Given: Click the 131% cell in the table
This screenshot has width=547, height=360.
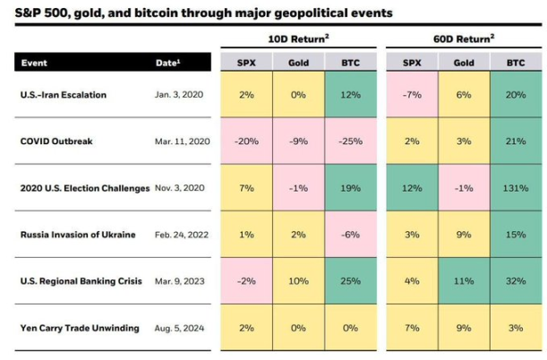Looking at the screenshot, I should point(515,188).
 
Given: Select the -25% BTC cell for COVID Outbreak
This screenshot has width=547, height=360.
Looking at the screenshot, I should point(350,141).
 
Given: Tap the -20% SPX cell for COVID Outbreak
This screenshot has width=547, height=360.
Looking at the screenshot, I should point(246,141).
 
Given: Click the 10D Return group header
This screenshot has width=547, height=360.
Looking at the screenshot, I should point(298,39).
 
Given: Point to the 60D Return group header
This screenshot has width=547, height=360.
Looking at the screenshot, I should point(463,39).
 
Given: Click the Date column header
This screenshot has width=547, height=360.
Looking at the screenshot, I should point(167,64).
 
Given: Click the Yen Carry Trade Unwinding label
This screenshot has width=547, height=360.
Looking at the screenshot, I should point(79,328).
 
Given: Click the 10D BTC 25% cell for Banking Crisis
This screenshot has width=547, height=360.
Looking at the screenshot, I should point(350,281).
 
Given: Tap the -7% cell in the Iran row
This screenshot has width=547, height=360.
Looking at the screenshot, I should point(411,95).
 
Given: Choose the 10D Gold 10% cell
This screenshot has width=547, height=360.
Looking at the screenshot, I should point(298,281).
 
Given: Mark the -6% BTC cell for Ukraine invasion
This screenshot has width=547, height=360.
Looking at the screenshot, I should point(350,235).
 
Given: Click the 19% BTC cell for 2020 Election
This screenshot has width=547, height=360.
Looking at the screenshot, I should point(350,188).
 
